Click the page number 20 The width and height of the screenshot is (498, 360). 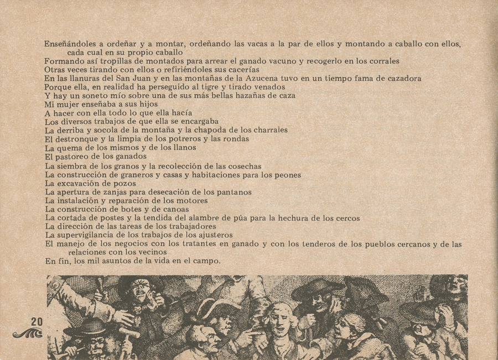[x=37, y=322]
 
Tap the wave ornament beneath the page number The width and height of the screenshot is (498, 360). [x=28, y=333]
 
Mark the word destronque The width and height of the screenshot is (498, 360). [x=78, y=139]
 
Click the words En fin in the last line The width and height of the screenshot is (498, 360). [x=55, y=261]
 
